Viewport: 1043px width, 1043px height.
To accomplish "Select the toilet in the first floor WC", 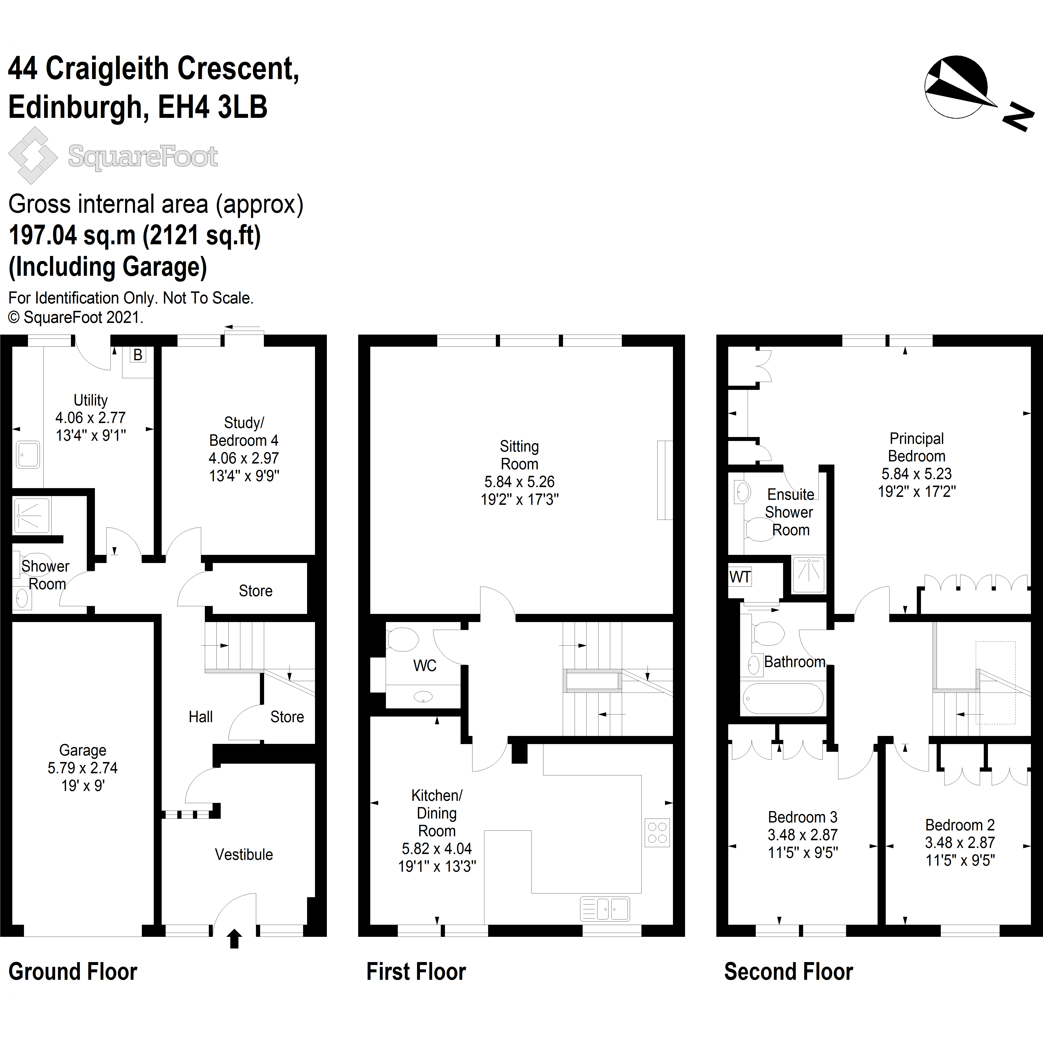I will click(403, 639).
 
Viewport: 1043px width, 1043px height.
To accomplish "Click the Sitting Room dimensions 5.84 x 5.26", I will click(519, 481).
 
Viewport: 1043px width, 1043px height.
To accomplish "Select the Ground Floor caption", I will click(73, 972).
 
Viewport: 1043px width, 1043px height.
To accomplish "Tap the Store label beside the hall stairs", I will click(287, 717).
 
